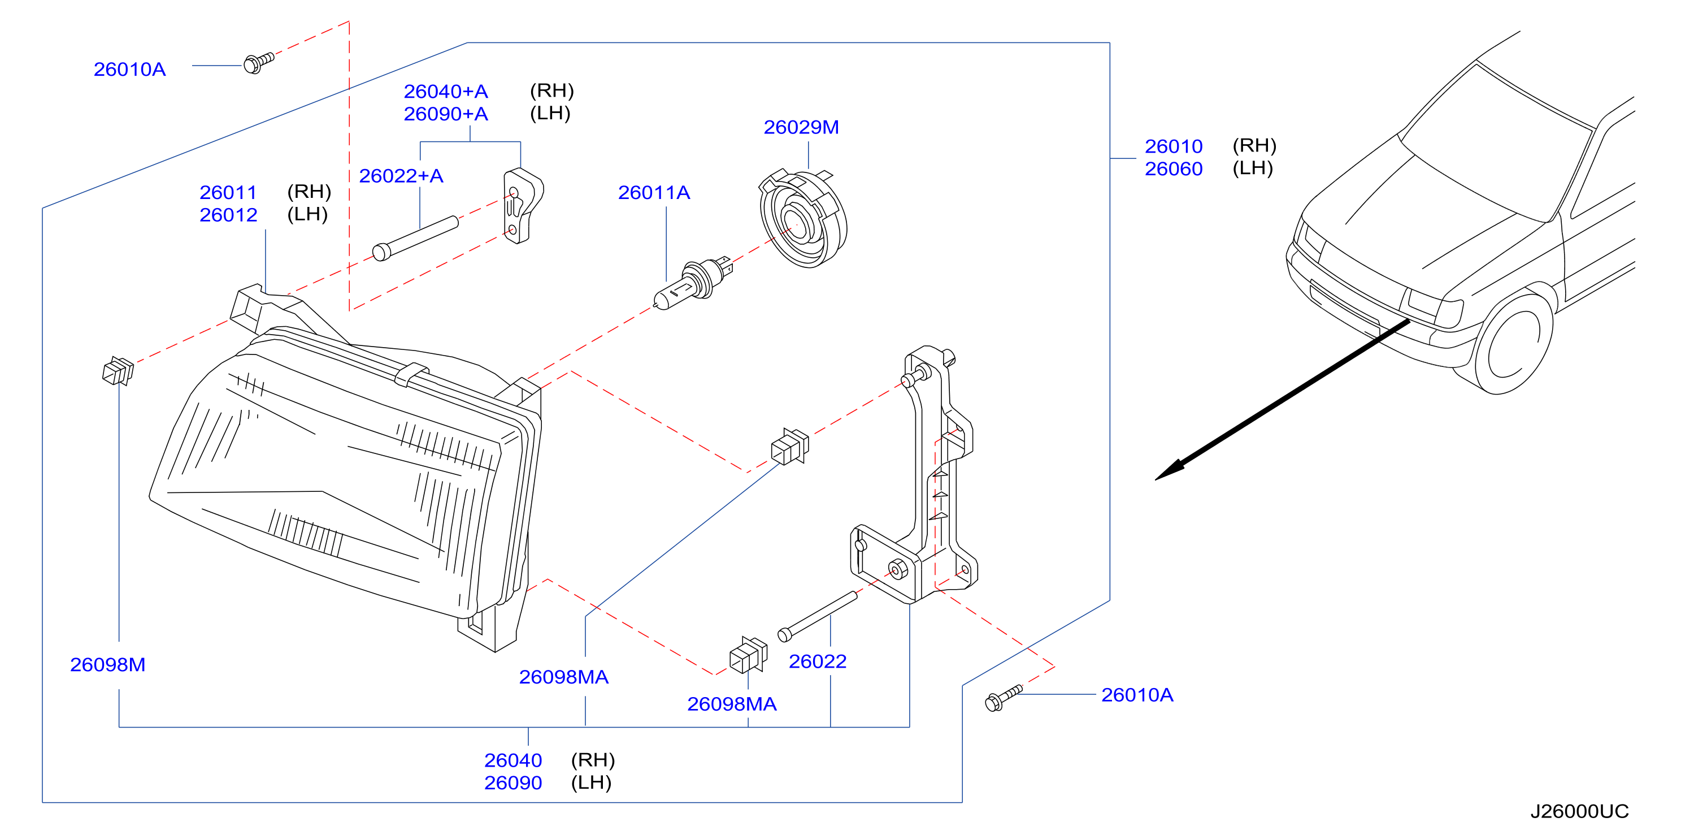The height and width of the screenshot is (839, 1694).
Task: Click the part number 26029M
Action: click(801, 127)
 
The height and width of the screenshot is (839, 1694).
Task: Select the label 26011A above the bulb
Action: click(654, 192)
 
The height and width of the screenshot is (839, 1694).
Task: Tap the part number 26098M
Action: click(108, 665)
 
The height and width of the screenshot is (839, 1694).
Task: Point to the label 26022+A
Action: click(401, 176)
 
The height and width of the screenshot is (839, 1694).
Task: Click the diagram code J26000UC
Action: click(1579, 811)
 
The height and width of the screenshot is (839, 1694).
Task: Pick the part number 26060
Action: click(1173, 169)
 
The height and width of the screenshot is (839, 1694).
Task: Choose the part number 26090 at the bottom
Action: click(513, 783)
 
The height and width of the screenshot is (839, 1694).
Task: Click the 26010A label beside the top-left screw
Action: click(129, 69)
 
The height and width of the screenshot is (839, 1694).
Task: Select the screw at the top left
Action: click(258, 63)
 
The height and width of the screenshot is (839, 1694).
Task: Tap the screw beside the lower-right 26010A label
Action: click(1004, 698)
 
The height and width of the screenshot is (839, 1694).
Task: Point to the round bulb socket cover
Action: click(803, 218)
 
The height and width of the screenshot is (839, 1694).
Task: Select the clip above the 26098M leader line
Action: click(118, 370)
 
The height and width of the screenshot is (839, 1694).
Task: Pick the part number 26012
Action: click(228, 215)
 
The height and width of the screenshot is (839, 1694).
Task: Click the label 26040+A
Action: click(446, 92)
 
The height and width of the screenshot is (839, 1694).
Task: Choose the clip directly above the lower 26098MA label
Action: click(748, 655)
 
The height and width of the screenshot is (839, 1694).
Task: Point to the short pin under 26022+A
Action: click(415, 238)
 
